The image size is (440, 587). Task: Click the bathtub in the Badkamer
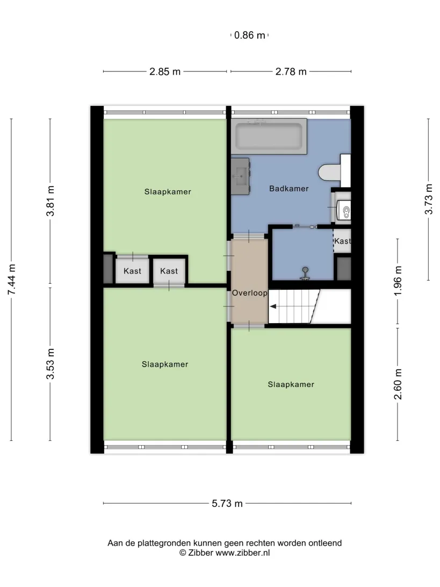click(x=269, y=137)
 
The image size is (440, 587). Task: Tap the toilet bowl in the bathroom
click(x=329, y=173)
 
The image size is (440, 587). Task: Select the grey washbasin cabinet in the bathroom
click(x=240, y=176)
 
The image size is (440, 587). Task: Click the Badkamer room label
click(x=289, y=189)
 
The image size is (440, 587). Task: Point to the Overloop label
click(x=250, y=293)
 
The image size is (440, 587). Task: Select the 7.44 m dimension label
click(x=12, y=280)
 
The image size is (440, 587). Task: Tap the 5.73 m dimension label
click(x=227, y=504)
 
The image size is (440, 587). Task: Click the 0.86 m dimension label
click(x=250, y=35)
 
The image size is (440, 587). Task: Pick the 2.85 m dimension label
click(x=165, y=71)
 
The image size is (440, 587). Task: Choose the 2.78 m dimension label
click(x=291, y=71)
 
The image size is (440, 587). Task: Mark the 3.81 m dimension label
click(x=50, y=201)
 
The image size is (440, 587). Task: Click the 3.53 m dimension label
click(x=50, y=364)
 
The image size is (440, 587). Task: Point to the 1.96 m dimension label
click(x=398, y=281)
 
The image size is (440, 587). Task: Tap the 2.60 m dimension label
click(x=398, y=384)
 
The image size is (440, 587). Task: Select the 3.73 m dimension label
click(x=429, y=199)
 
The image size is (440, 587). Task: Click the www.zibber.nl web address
click(x=242, y=553)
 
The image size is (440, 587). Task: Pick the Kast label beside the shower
click(x=342, y=241)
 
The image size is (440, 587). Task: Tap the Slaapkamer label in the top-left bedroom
click(x=168, y=192)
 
